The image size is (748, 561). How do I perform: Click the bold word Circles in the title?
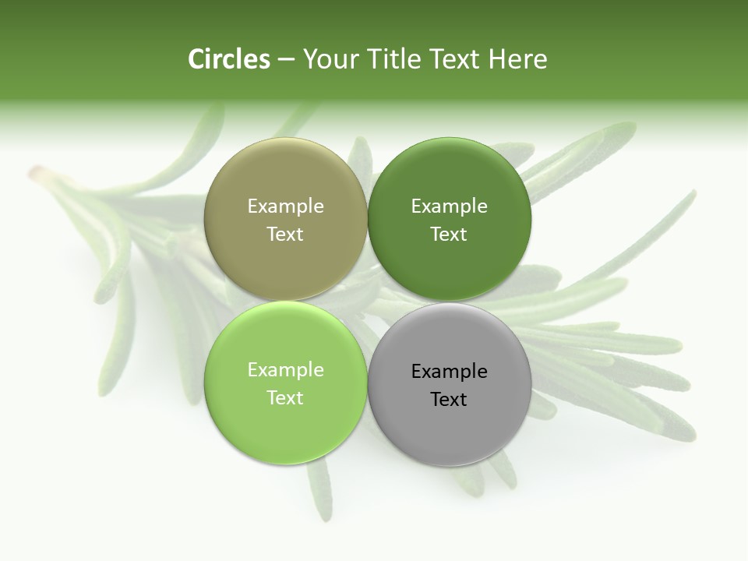[x=228, y=59]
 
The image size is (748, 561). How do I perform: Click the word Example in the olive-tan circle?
[x=285, y=206]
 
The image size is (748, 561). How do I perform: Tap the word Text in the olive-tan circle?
[x=285, y=234]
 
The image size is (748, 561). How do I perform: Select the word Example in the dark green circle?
[x=449, y=206]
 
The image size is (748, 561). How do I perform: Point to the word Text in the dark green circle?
[x=449, y=234]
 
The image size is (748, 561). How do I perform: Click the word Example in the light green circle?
[x=285, y=369]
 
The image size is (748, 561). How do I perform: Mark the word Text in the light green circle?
[x=285, y=397]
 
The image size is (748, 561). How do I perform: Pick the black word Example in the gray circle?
[x=449, y=371]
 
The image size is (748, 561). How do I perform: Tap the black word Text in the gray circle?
[x=449, y=399]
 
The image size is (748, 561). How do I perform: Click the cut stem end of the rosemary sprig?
[x=34, y=173]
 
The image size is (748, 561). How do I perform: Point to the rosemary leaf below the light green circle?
[x=319, y=491]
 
